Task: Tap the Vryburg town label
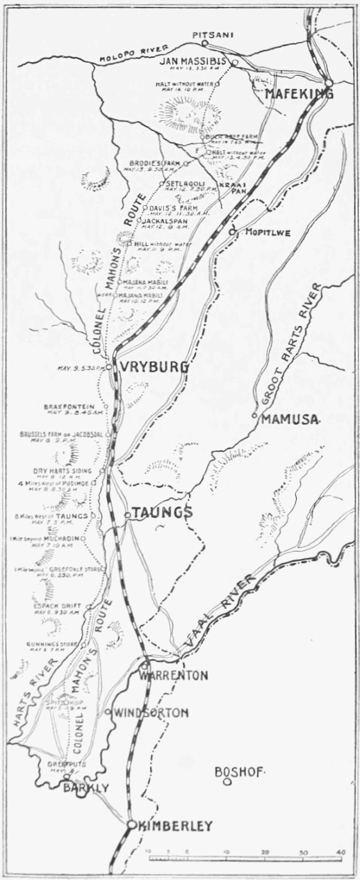point(154,366)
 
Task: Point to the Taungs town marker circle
point(127,515)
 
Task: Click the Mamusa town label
point(289,419)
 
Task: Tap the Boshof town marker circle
point(227,782)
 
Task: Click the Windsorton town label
point(151,712)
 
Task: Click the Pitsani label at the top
point(204,33)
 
